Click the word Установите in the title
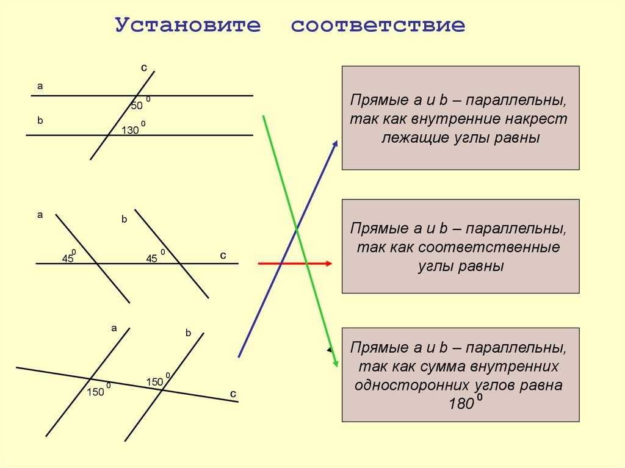coord(188,25)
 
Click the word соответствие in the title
coord(378,26)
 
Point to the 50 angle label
coord(137,106)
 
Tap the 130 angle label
coord(130,131)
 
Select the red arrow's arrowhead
coord(329,264)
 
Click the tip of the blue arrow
coord(337,141)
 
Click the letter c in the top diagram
coord(144,68)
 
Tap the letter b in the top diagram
coord(40,120)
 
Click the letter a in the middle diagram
coord(40,215)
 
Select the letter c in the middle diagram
coord(223,256)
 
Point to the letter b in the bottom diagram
coord(188,333)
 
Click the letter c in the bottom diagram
coord(233,394)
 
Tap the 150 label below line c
coord(95,392)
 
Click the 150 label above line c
coord(154,382)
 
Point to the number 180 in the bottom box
coord(461,404)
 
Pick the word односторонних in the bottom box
coord(412,385)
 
